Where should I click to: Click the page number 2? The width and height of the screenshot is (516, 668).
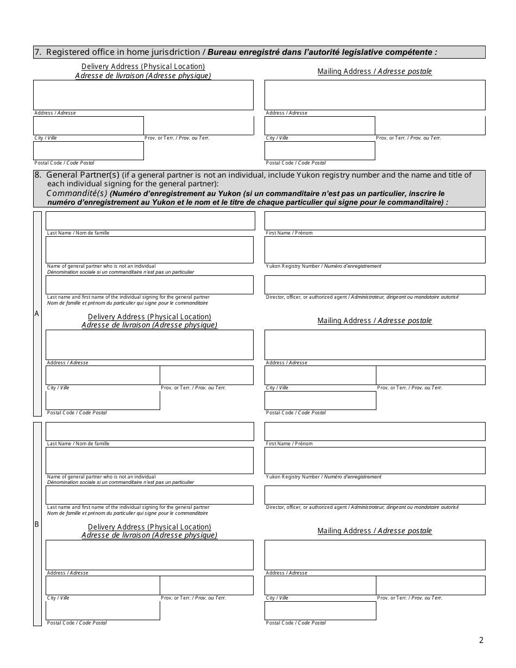point(481,640)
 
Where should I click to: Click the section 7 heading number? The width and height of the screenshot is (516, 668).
point(37,52)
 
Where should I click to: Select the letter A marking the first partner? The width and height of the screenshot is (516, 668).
point(37,313)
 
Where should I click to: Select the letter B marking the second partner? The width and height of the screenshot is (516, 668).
point(37,524)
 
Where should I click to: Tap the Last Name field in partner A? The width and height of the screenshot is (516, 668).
point(150,220)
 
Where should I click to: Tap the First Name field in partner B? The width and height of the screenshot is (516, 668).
point(375,431)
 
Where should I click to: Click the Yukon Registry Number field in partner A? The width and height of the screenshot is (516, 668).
point(375,250)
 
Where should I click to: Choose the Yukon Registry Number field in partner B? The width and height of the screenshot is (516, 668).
point(375,460)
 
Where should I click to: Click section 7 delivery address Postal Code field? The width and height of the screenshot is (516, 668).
point(89,150)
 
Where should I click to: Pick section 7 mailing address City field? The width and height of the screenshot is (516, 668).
point(319,125)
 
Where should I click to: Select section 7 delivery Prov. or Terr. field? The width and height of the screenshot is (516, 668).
point(199,125)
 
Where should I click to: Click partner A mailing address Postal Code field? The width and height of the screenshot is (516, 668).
point(320,400)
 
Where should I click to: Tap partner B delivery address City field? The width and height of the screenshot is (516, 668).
point(103,585)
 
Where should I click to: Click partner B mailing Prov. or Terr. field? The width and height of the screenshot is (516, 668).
point(430,585)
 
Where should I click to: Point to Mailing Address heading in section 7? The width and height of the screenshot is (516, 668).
point(375,71)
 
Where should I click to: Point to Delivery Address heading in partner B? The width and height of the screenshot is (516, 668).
point(149,527)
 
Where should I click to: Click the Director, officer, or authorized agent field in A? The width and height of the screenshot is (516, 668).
point(375,285)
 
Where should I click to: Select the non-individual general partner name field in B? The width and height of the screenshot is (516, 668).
point(149,460)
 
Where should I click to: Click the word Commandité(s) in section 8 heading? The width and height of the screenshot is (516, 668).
point(77,193)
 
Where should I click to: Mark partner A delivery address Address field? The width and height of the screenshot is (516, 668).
point(149,345)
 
